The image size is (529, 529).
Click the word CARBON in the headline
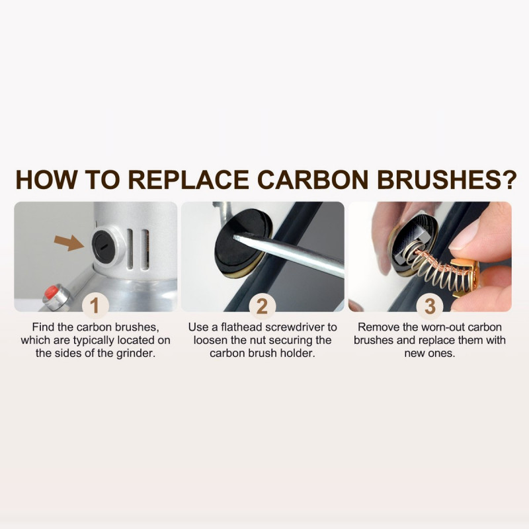[313, 179]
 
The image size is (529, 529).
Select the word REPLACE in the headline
[188, 179]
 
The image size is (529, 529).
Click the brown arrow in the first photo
[69, 243]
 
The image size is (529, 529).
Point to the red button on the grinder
[51, 292]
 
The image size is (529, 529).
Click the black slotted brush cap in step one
[104, 246]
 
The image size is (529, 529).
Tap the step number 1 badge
[95, 305]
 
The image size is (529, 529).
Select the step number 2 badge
[262, 305]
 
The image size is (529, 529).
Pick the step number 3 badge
[429, 305]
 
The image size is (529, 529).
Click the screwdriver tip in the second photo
[235, 237]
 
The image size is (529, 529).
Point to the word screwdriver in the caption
[295, 327]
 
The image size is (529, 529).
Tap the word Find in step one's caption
[42, 327]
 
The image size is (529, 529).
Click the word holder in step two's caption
[300, 354]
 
